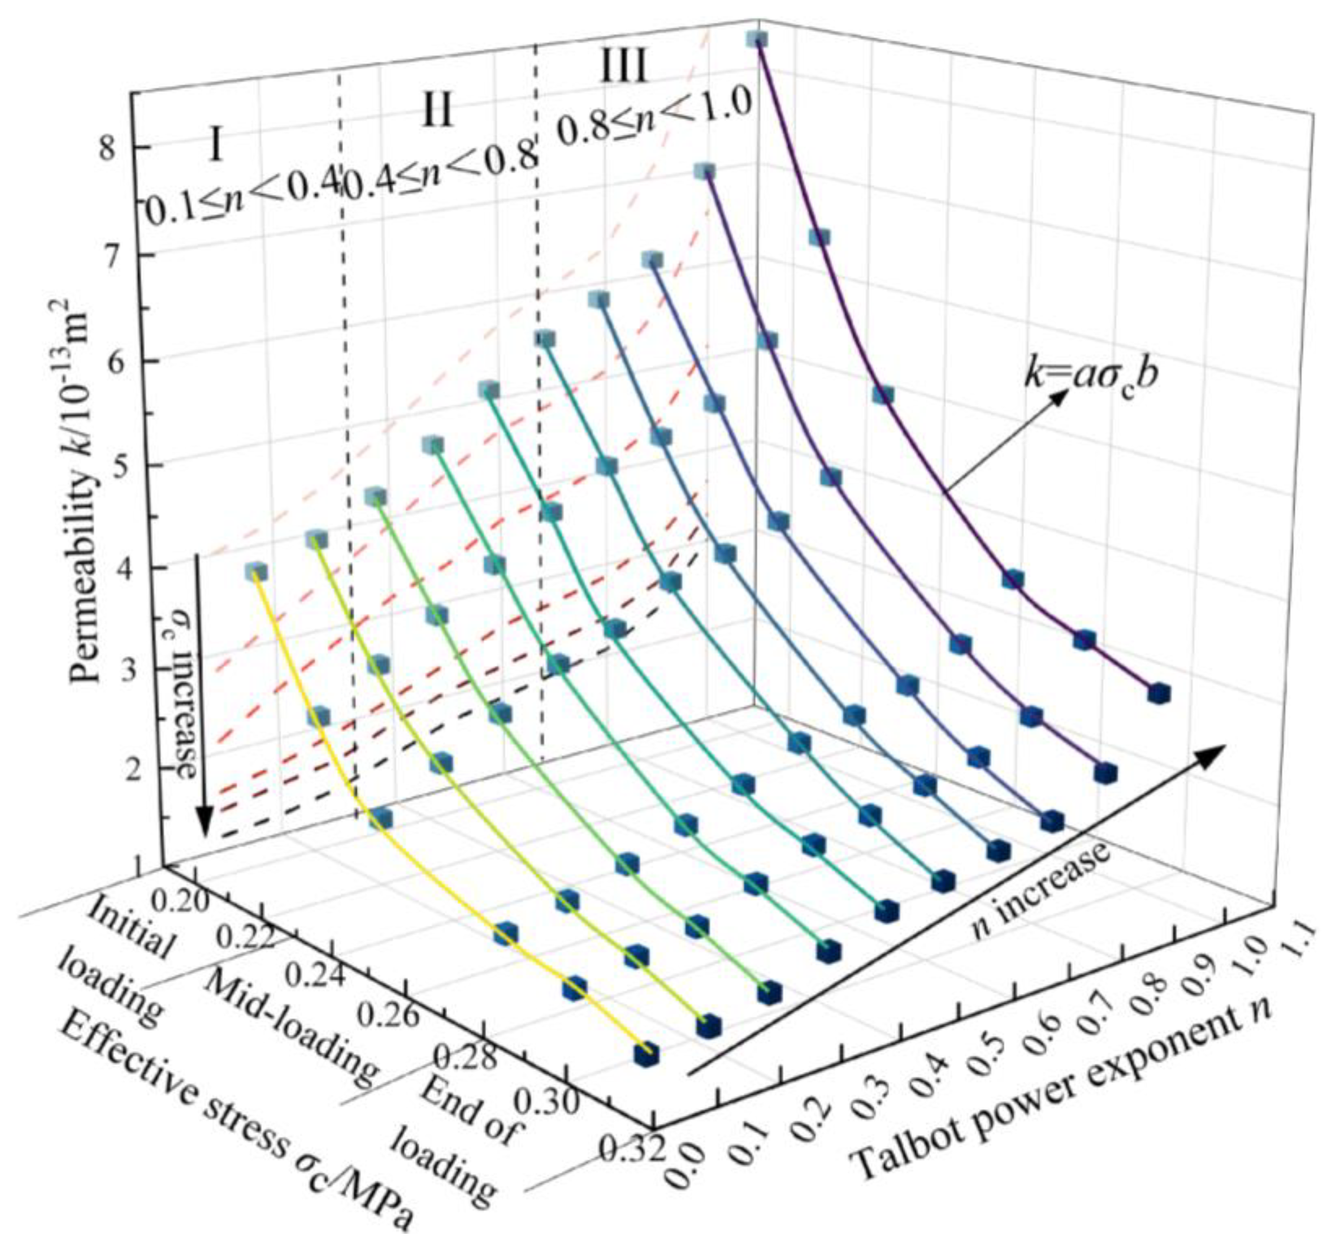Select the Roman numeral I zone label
(215, 146)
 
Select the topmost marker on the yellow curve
(256, 572)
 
